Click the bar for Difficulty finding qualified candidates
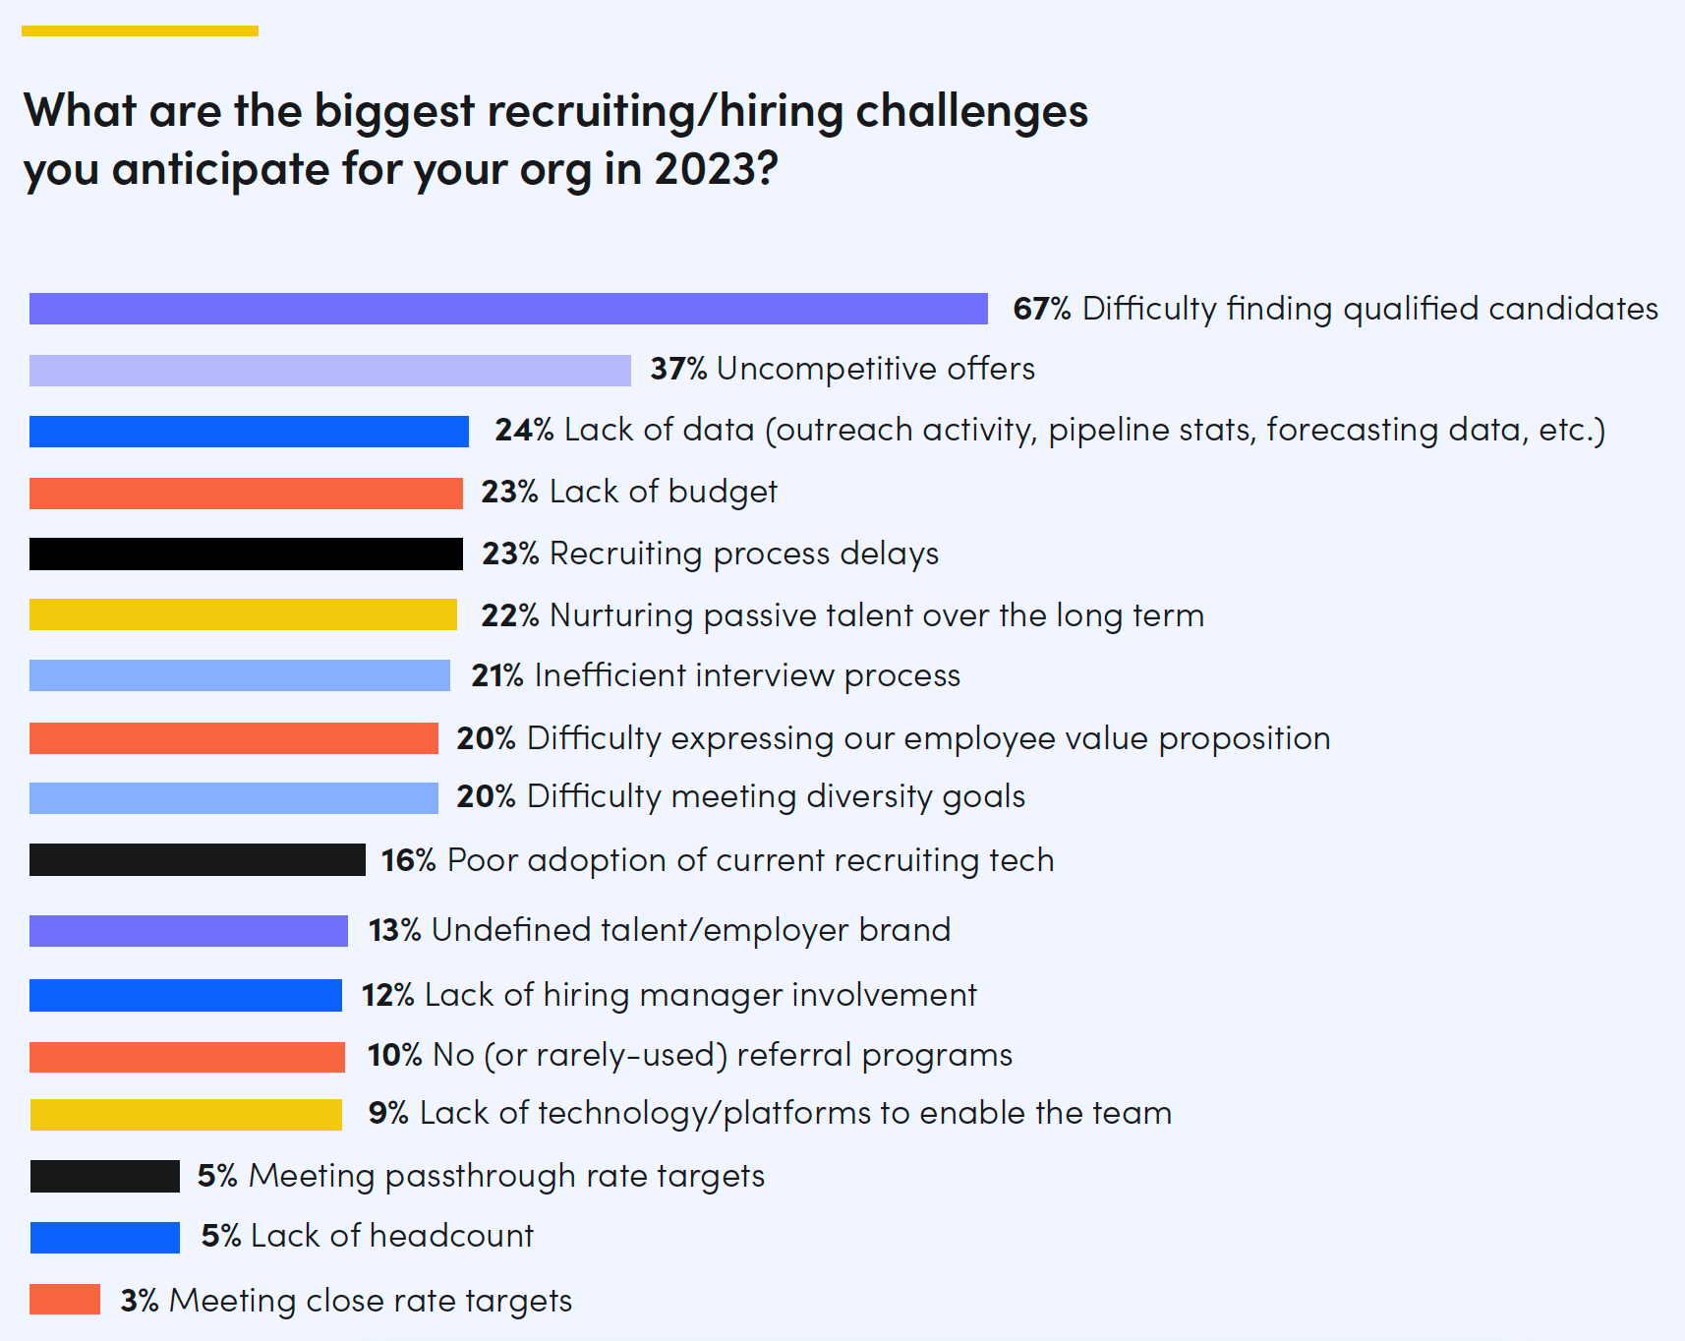pos(508,309)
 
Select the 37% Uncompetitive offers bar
pos(329,371)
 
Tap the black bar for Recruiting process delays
pos(246,554)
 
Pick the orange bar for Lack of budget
pos(246,493)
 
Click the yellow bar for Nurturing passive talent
pos(243,614)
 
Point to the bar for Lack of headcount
pos(105,1237)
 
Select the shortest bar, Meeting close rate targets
pos(65,1299)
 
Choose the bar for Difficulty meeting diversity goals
pos(234,797)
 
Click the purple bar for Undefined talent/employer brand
pos(189,931)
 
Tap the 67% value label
pos(1041,309)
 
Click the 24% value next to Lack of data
pos(524,430)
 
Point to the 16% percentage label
pos(408,860)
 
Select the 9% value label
pos(388,1113)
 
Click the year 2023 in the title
pos(715,169)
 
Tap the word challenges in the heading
pos(971,111)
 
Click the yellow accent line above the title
pos(140,31)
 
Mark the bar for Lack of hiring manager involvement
pos(186,995)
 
